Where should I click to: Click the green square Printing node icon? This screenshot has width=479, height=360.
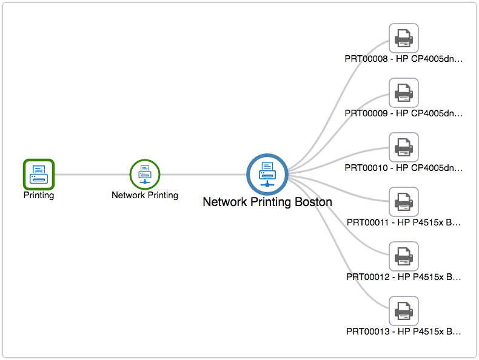39,174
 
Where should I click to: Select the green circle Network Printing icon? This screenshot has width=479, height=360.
145,174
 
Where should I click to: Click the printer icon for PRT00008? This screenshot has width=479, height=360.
403,39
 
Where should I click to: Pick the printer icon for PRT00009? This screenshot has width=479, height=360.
403,93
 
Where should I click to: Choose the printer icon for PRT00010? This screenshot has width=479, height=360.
403,147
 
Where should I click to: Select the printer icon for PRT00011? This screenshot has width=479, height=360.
403,202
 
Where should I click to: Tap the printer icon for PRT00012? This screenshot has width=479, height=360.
403,256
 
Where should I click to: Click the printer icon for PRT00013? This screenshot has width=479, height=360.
403,311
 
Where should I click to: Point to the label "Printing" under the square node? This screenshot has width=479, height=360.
39,196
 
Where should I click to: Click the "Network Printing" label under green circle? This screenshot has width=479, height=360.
145,195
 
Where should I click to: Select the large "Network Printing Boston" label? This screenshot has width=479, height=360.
267,202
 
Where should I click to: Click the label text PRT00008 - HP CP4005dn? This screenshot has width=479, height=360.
403,59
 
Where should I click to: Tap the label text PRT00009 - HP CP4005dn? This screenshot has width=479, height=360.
403,113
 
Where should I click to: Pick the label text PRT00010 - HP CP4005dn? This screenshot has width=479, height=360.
403,168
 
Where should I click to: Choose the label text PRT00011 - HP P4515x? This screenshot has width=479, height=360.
403,222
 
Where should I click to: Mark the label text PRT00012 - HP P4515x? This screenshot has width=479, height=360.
403,277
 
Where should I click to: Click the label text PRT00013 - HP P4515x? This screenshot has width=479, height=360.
403,332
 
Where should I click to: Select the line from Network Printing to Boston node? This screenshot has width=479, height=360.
203,175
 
